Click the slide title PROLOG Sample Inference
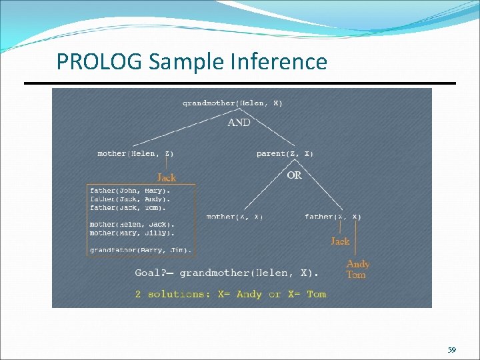[x=192, y=62]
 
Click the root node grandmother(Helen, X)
[x=232, y=103]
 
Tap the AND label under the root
[x=239, y=122]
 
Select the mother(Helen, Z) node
[x=135, y=153]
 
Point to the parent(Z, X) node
[x=285, y=153]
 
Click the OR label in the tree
[x=294, y=175]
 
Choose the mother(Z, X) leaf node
[x=235, y=217]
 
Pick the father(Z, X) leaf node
[x=333, y=217]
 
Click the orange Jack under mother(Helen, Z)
[x=166, y=177]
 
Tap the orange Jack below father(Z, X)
[x=340, y=241]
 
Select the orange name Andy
[x=358, y=264]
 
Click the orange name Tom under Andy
[x=356, y=275]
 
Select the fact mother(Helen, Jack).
[x=132, y=225]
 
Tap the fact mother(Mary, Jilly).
[x=132, y=233]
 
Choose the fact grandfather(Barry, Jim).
[x=141, y=251]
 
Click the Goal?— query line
[x=227, y=273]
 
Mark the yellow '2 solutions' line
[x=230, y=294]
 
